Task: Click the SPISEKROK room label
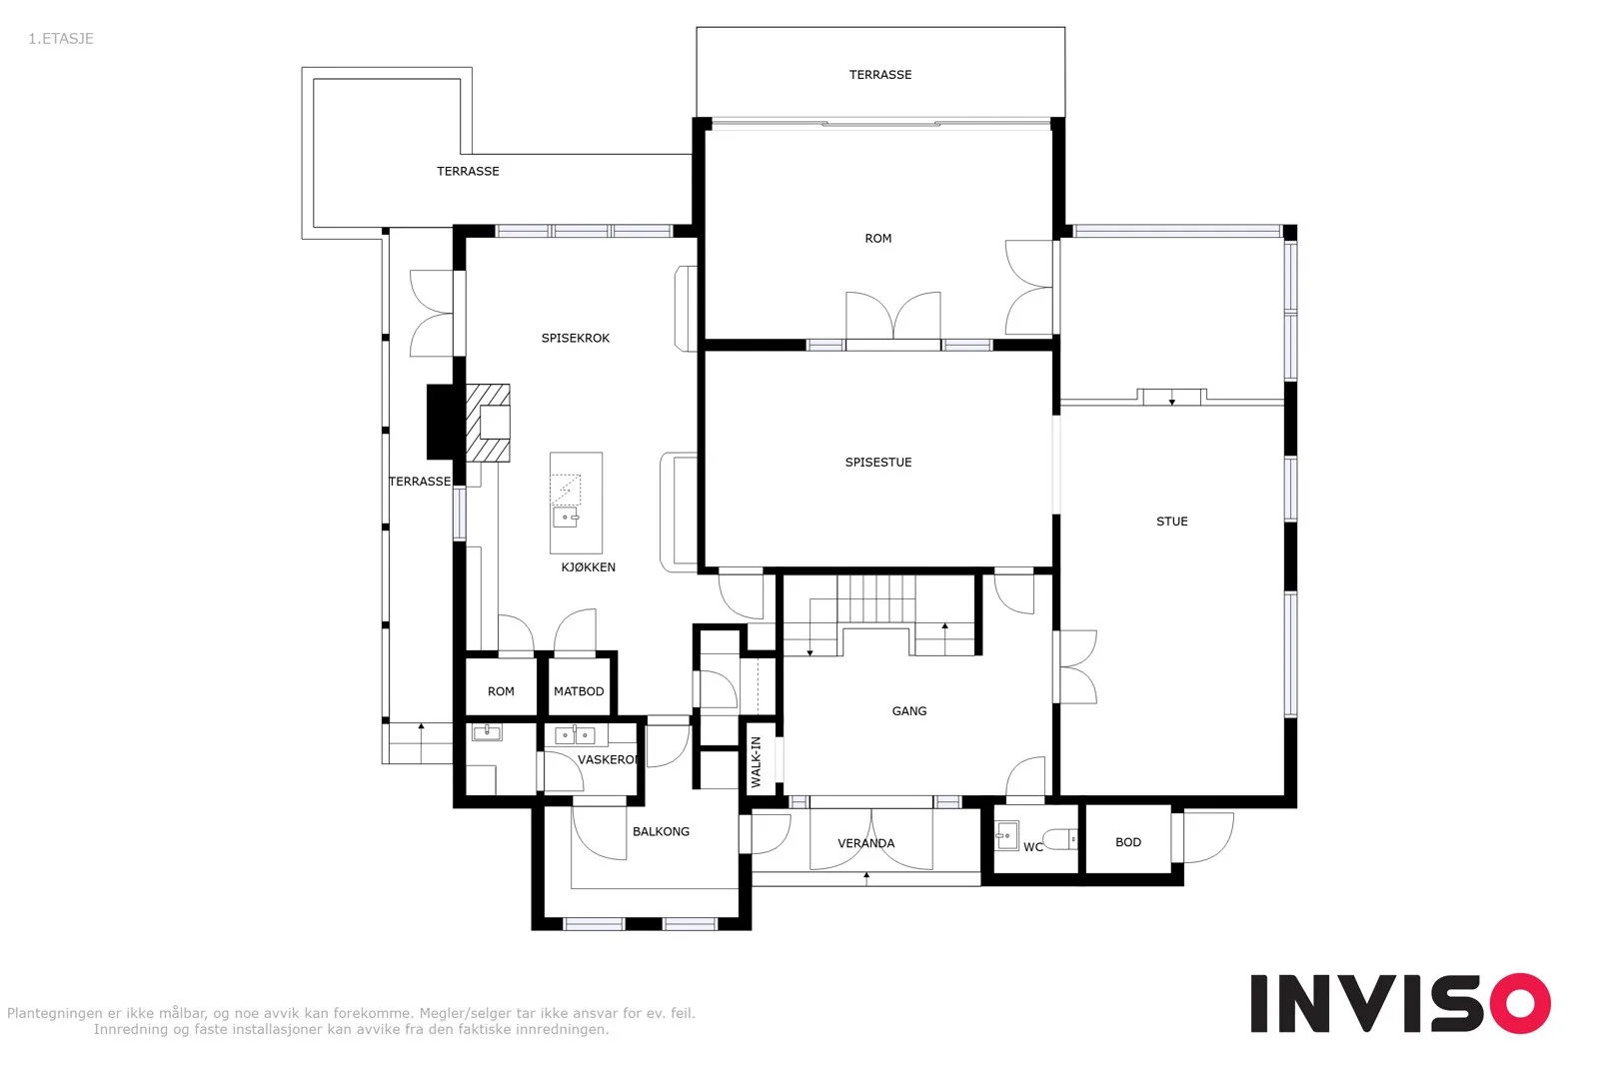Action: coord(576,339)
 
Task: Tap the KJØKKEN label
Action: coord(589,567)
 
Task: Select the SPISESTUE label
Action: coord(878,463)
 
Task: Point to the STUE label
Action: coord(1172,522)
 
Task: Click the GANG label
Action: coord(909,711)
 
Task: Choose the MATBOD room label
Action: coord(579,691)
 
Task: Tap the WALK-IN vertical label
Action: coord(757,762)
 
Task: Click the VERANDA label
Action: coord(865,843)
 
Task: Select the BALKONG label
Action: coord(661,832)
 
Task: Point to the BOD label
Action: coord(1128,842)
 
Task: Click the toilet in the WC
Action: coord(1060,839)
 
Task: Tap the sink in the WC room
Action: coord(1007,835)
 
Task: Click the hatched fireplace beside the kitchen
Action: coord(489,424)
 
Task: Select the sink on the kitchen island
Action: coord(566,517)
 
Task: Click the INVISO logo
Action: coord(1400,1003)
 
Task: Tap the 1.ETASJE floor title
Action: coord(61,39)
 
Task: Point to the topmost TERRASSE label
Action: coord(880,75)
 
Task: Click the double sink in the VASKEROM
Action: coord(576,735)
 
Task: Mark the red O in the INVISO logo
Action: coord(1520,1003)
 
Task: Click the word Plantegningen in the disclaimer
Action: coord(55,1014)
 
